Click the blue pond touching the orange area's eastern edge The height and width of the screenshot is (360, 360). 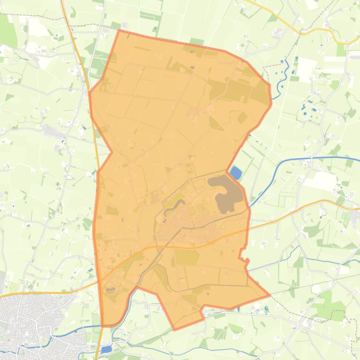click(235, 173)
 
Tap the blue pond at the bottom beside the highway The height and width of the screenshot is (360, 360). click(107, 349)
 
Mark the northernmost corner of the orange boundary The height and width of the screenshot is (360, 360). click(119, 31)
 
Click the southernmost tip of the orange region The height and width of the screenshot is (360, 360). click(175, 330)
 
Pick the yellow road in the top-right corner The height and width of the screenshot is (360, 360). click(300, 31)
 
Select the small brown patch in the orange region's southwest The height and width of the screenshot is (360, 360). click(110, 289)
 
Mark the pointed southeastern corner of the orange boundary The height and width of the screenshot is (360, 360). click(269, 295)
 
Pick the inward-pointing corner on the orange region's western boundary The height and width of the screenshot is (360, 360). click(111, 151)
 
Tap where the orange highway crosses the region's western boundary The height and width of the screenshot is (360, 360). click(98, 281)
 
